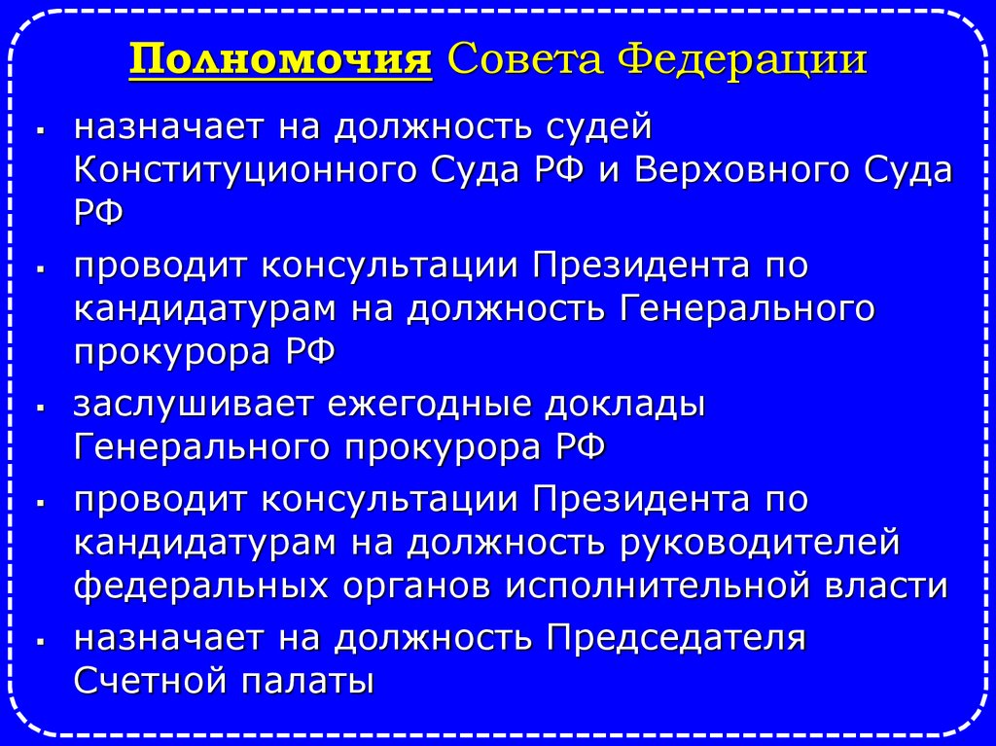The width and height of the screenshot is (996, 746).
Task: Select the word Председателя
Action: [x=675, y=638]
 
